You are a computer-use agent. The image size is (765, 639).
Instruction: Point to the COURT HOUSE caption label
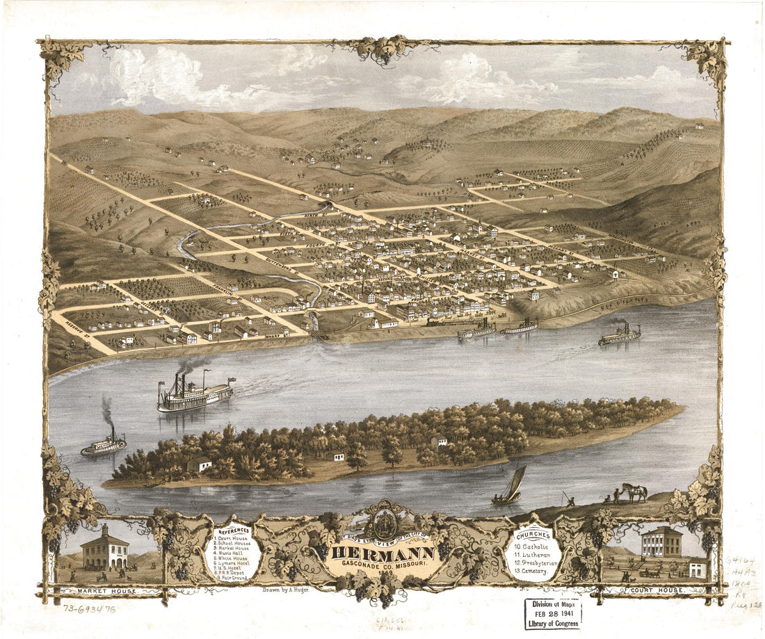point(657,590)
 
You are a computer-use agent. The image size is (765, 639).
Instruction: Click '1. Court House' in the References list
point(235,537)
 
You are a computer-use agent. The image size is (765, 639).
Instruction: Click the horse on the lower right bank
point(634,492)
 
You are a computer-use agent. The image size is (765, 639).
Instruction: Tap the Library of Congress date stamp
point(553,613)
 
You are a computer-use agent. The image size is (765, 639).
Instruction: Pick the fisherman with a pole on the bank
point(568,499)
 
